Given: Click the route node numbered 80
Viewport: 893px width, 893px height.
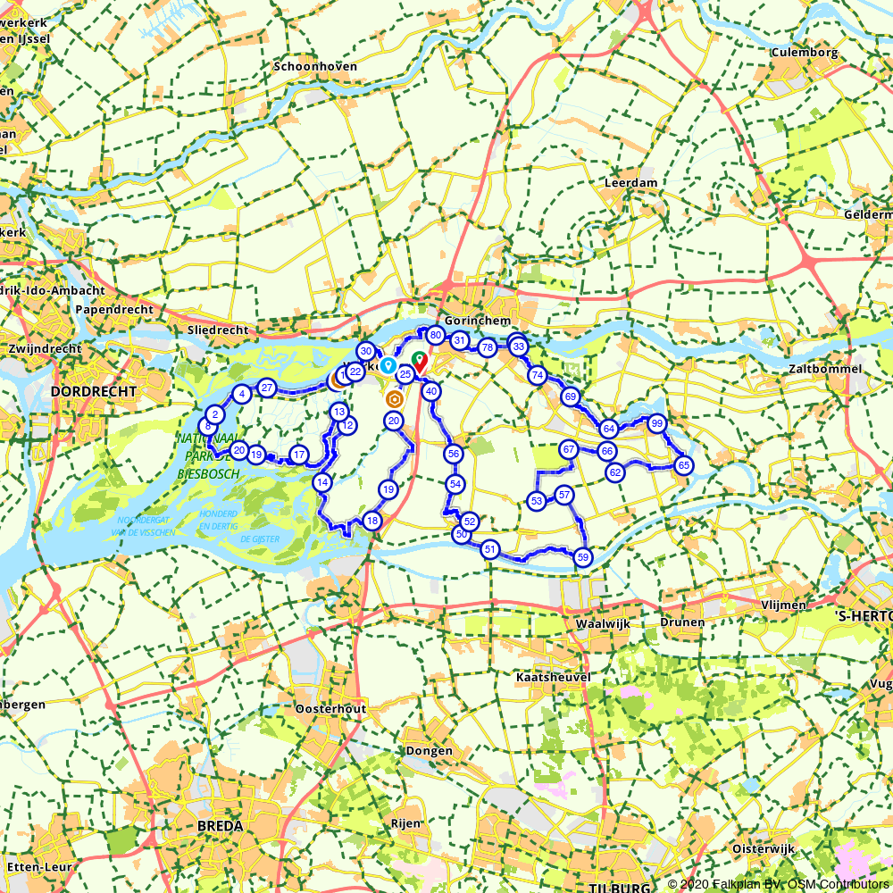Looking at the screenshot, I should click(x=435, y=336).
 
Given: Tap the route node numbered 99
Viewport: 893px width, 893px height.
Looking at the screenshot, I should click(x=657, y=423).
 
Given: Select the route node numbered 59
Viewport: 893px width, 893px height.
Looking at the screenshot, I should click(x=583, y=557).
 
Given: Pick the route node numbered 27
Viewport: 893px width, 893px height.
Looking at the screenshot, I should click(x=266, y=387).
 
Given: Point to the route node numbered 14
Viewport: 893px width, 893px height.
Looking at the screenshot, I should click(x=322, y=482).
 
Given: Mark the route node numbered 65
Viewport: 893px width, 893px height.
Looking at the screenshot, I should click(x=684, y=465).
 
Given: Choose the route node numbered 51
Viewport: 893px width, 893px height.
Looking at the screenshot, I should click(x=489, y=549).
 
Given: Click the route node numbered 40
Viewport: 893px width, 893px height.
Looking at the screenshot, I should click(x=431, y=391).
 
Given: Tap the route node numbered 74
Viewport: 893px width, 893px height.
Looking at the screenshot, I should click(x=537, y=376).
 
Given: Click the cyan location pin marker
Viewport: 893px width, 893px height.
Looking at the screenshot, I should click(x=388, y=365).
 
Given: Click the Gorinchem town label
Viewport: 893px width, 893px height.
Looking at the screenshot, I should click(x=477, y=321).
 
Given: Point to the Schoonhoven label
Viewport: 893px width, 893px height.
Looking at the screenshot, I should click(x=315, y=67).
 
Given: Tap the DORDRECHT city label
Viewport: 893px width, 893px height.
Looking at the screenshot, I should click(x=94, y=392).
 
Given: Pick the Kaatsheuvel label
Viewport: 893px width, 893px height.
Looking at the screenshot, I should click(x=553, y=678).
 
